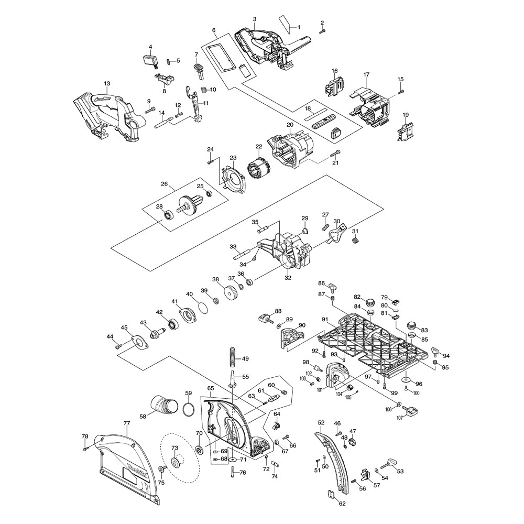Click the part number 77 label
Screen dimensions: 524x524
point(126,423)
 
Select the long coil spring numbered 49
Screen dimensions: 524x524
point(231,359)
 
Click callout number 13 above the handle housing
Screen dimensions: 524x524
point(107,83)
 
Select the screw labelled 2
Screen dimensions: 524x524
point(323,31)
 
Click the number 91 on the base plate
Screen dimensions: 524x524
point(325,319)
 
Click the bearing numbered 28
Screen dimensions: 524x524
point(168,215)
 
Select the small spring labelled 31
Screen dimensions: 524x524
point(356,240)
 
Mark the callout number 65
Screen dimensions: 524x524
point(211,388)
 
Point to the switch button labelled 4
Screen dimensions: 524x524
point(151,60)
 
